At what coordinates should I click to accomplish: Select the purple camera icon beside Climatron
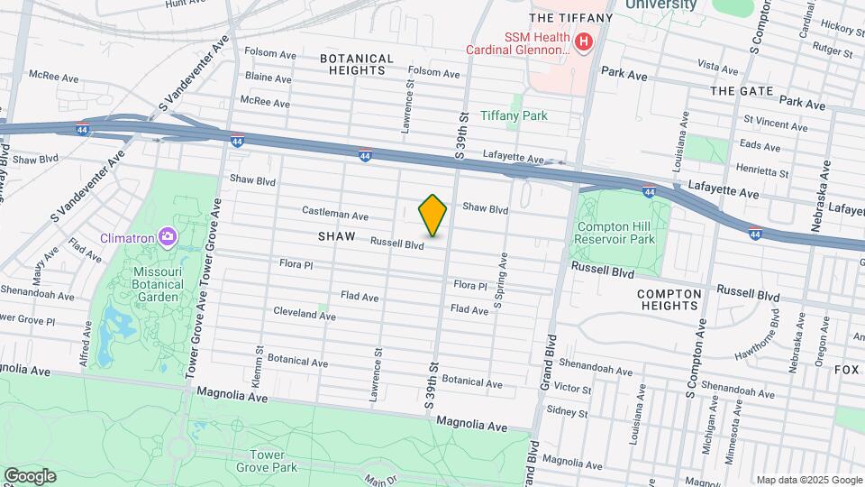pyautogui.click(x=167, y=237)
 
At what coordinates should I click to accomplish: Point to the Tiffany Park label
pyautogui.click(x=514, y=115)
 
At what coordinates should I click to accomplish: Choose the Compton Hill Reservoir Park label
pyautogui.click(x=615, y=234)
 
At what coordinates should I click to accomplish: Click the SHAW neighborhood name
pyautogui.click(x=338, y=236)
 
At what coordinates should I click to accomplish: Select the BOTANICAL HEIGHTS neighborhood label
pyautogui.click(x=356, y=64)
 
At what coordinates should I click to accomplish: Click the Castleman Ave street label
pyautogui.click(x=334, y=216)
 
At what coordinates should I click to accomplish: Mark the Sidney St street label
pyautogui.click(x=567, y=413)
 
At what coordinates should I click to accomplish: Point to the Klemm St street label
pyautogui.click(x=260, y=363)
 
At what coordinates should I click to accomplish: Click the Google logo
pyautogui.click(x=30, y=475)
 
